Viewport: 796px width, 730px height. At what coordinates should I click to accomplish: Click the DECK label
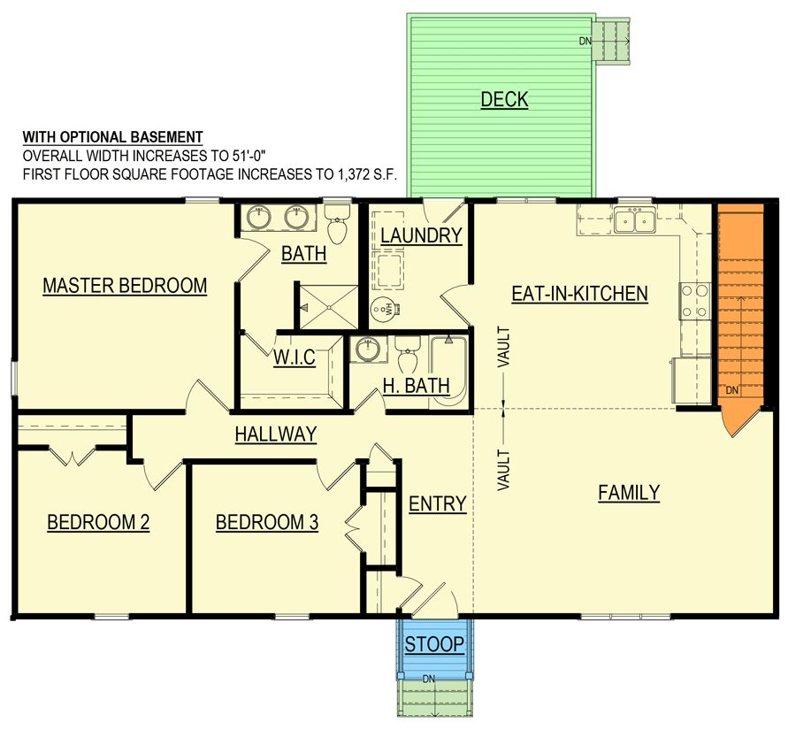click(504, 100)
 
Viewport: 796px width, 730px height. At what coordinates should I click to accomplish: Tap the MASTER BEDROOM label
click(125, 286)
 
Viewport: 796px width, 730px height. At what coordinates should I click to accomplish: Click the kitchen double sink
click(634, 220)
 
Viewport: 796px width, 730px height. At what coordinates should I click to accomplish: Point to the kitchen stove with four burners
click(694, 301)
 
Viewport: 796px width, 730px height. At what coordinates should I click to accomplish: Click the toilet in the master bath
click(337, 223)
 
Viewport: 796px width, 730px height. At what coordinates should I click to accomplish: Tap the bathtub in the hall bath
click(448, 372)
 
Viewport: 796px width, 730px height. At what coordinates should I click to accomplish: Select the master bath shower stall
click(328, 307)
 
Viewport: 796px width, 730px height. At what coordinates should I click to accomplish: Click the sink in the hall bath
click(368, 350)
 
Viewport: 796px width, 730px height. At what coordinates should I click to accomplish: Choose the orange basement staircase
click(740, 315)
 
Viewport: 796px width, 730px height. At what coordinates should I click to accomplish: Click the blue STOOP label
click(434, 644)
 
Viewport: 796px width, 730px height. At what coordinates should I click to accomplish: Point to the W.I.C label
click(294, 357)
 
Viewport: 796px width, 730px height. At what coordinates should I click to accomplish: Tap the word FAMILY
click(629, 492)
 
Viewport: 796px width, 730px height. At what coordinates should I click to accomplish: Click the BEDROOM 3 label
click(267, 522)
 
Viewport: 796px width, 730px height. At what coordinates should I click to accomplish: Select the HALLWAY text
click(276, 434)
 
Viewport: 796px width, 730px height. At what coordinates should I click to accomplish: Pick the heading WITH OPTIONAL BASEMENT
click(112, 137)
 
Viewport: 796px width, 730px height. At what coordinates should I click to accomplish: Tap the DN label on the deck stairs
click(586, 42)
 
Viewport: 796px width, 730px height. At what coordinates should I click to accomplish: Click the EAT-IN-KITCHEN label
click(579, 294)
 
